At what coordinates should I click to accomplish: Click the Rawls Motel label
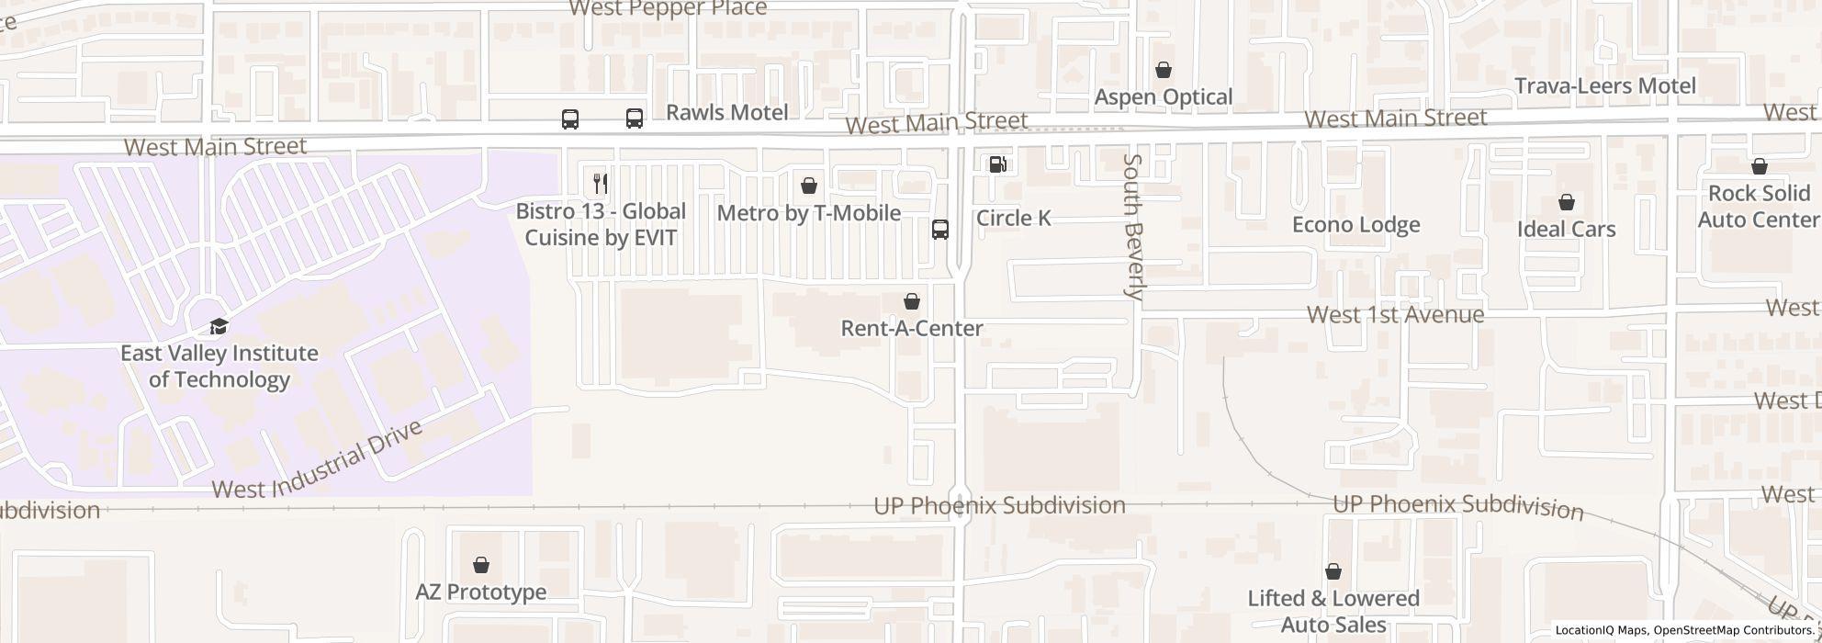[x=726, y=113]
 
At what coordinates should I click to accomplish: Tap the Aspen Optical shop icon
[x=1163, y=70]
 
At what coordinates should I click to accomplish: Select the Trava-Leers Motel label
[x=1604, y=86]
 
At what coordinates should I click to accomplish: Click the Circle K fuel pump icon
[x=997, y=164]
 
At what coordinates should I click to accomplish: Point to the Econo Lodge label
[x=1355, y=225]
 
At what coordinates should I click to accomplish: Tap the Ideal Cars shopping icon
[x=1566, y=202]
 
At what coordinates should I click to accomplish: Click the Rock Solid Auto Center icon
[x=1759, y=166]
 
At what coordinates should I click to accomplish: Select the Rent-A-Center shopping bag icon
[x=911, y=301]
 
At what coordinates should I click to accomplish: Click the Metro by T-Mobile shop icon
[x=808, y=186]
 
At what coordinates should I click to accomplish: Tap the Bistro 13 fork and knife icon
[x=600, y=183]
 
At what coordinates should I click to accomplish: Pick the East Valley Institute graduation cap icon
[x=219, y=326]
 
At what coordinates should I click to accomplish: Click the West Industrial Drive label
[x=318, y=460]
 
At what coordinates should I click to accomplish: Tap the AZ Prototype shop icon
[x=480, y=565]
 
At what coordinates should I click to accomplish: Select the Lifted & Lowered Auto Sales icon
[x=1333, y=571]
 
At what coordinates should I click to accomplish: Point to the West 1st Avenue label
[x=1394, y=315]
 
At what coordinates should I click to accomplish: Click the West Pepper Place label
[x=668, y=9]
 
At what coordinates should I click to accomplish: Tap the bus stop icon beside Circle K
[x=939, y=230]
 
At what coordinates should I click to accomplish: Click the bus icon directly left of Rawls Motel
[x=634, y=118]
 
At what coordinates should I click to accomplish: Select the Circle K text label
[x=1013, y=219]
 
